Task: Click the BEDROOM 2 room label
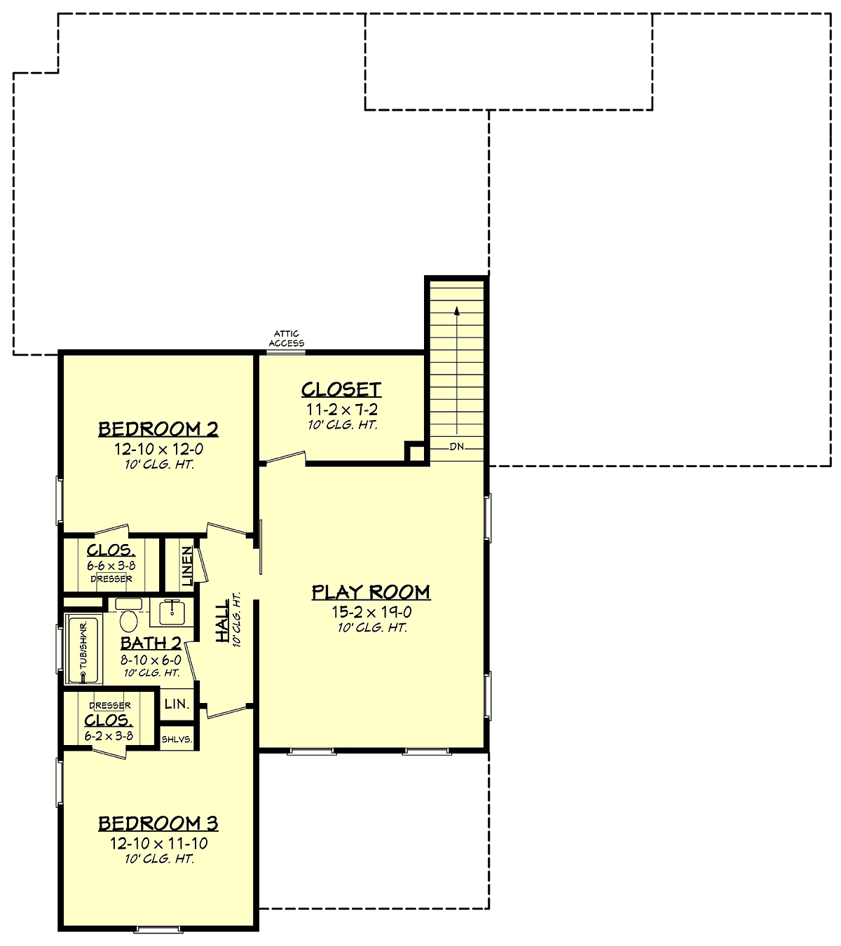point(158,429)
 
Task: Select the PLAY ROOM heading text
point(371,592)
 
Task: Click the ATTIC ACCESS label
point(287,338)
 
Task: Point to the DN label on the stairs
point(457,447)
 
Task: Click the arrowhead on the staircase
point(457,311)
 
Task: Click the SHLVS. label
point(177,739)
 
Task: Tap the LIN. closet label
point(177,704)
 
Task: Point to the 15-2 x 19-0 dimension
point(371,612)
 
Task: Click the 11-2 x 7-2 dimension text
point(342,410)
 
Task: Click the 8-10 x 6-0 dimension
point(151,660)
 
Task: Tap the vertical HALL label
point(222,621)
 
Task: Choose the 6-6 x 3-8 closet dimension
point(111,566)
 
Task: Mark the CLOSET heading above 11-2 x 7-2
point(341,389)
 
